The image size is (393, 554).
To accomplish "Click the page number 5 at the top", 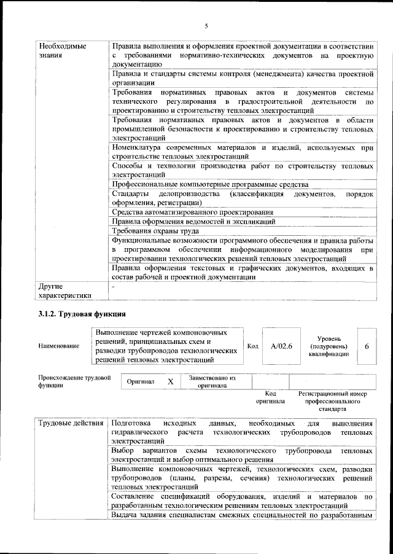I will (x=206, y=25).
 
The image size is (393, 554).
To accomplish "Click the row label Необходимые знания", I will (x=62, y=51).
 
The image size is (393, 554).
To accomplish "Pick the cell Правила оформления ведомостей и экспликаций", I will (x=193, y=222).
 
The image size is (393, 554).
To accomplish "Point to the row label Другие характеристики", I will (x=64, y=291).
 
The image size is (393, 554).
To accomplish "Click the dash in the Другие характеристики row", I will (x=114, y=287).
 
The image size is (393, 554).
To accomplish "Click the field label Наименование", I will (x=58, y=346).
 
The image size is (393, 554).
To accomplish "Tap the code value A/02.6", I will (x=281, y=346).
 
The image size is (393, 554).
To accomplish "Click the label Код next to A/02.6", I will (x=252, y=346).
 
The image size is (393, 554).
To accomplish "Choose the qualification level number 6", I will (x=367, y=346).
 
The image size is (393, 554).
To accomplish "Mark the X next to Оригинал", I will (x=171, y=381).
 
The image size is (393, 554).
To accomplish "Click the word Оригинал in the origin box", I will (x=140, y=381).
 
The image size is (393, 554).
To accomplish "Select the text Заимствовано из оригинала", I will (x=212, y=381).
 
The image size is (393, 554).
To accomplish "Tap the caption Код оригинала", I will (x=270, y=397).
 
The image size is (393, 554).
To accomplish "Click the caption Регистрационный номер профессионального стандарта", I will (x=332, y=400).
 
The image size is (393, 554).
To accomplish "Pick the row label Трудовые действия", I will (x=71, y=424).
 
